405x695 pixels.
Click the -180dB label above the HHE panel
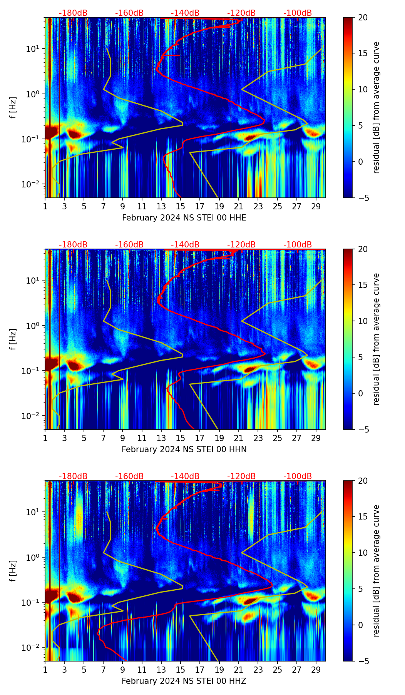[73, 13]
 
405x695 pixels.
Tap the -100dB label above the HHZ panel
[298, 476]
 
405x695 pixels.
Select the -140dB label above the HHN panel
[185, 245]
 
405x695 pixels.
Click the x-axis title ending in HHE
[184, 218]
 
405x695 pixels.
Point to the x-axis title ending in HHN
[184, 449]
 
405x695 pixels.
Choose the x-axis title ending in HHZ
[184, 681]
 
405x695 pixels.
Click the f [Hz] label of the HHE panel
[13, 107]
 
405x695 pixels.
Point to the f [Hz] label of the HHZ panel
[13, 571]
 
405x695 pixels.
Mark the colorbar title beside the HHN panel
[376, 339]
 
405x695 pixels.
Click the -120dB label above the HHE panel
[241, 13]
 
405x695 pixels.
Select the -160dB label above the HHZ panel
[129, 476]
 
